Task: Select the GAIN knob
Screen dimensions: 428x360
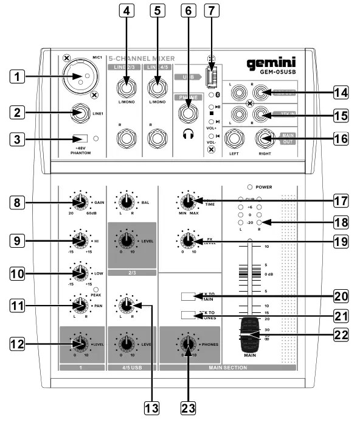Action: [x=79, y=202]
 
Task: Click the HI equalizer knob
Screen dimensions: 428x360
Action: [x=79, y=239]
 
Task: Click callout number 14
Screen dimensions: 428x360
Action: [x=341, y=93]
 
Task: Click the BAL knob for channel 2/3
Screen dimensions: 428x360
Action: [x=126, y=202]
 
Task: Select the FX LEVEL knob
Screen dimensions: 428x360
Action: [x=187, y=239]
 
